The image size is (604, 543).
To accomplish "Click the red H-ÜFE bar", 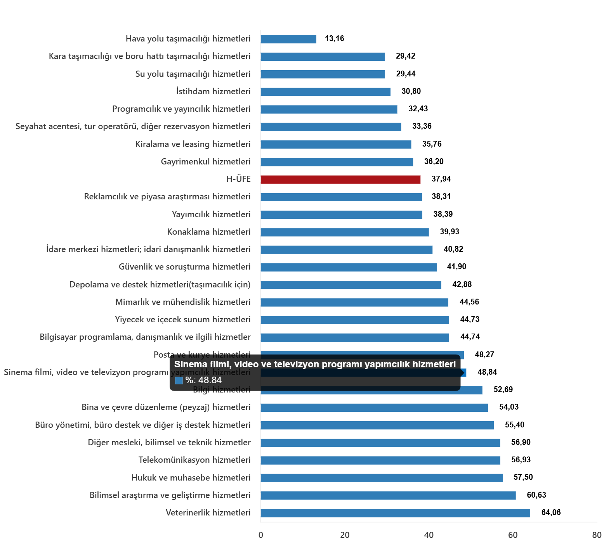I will click(340, 180).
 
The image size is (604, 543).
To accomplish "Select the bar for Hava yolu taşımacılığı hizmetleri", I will click(288, 39).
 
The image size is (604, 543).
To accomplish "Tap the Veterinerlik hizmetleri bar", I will click(395, 513).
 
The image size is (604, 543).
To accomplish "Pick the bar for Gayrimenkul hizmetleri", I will click(337, 162).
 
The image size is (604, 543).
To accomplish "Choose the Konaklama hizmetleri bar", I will click(345, 232).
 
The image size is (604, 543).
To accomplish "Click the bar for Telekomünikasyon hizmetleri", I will click(380, 460).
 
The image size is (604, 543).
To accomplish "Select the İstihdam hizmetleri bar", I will click(325, 92).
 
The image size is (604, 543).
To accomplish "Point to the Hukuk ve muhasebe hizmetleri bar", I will click(382, 478).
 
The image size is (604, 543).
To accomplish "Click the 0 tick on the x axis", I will click(261, 535).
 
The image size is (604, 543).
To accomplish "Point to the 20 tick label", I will click(345, 535).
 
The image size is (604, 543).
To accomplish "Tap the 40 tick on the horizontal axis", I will click(429, 535).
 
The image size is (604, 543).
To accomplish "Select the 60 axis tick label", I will click(513, 535).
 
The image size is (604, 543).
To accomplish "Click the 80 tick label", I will click(597, 535).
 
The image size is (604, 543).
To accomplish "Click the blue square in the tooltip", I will click(179, 380).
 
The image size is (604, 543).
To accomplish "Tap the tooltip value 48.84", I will click(210, 380).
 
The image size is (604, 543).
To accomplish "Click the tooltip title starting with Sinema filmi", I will click(315, 364).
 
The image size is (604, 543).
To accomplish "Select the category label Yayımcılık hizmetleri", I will click(211, 214).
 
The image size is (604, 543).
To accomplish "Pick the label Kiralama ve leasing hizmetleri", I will click(193, 144).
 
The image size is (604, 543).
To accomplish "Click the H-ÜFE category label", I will click(238, 179).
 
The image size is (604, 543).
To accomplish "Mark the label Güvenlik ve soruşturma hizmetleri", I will click(184, 267).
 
